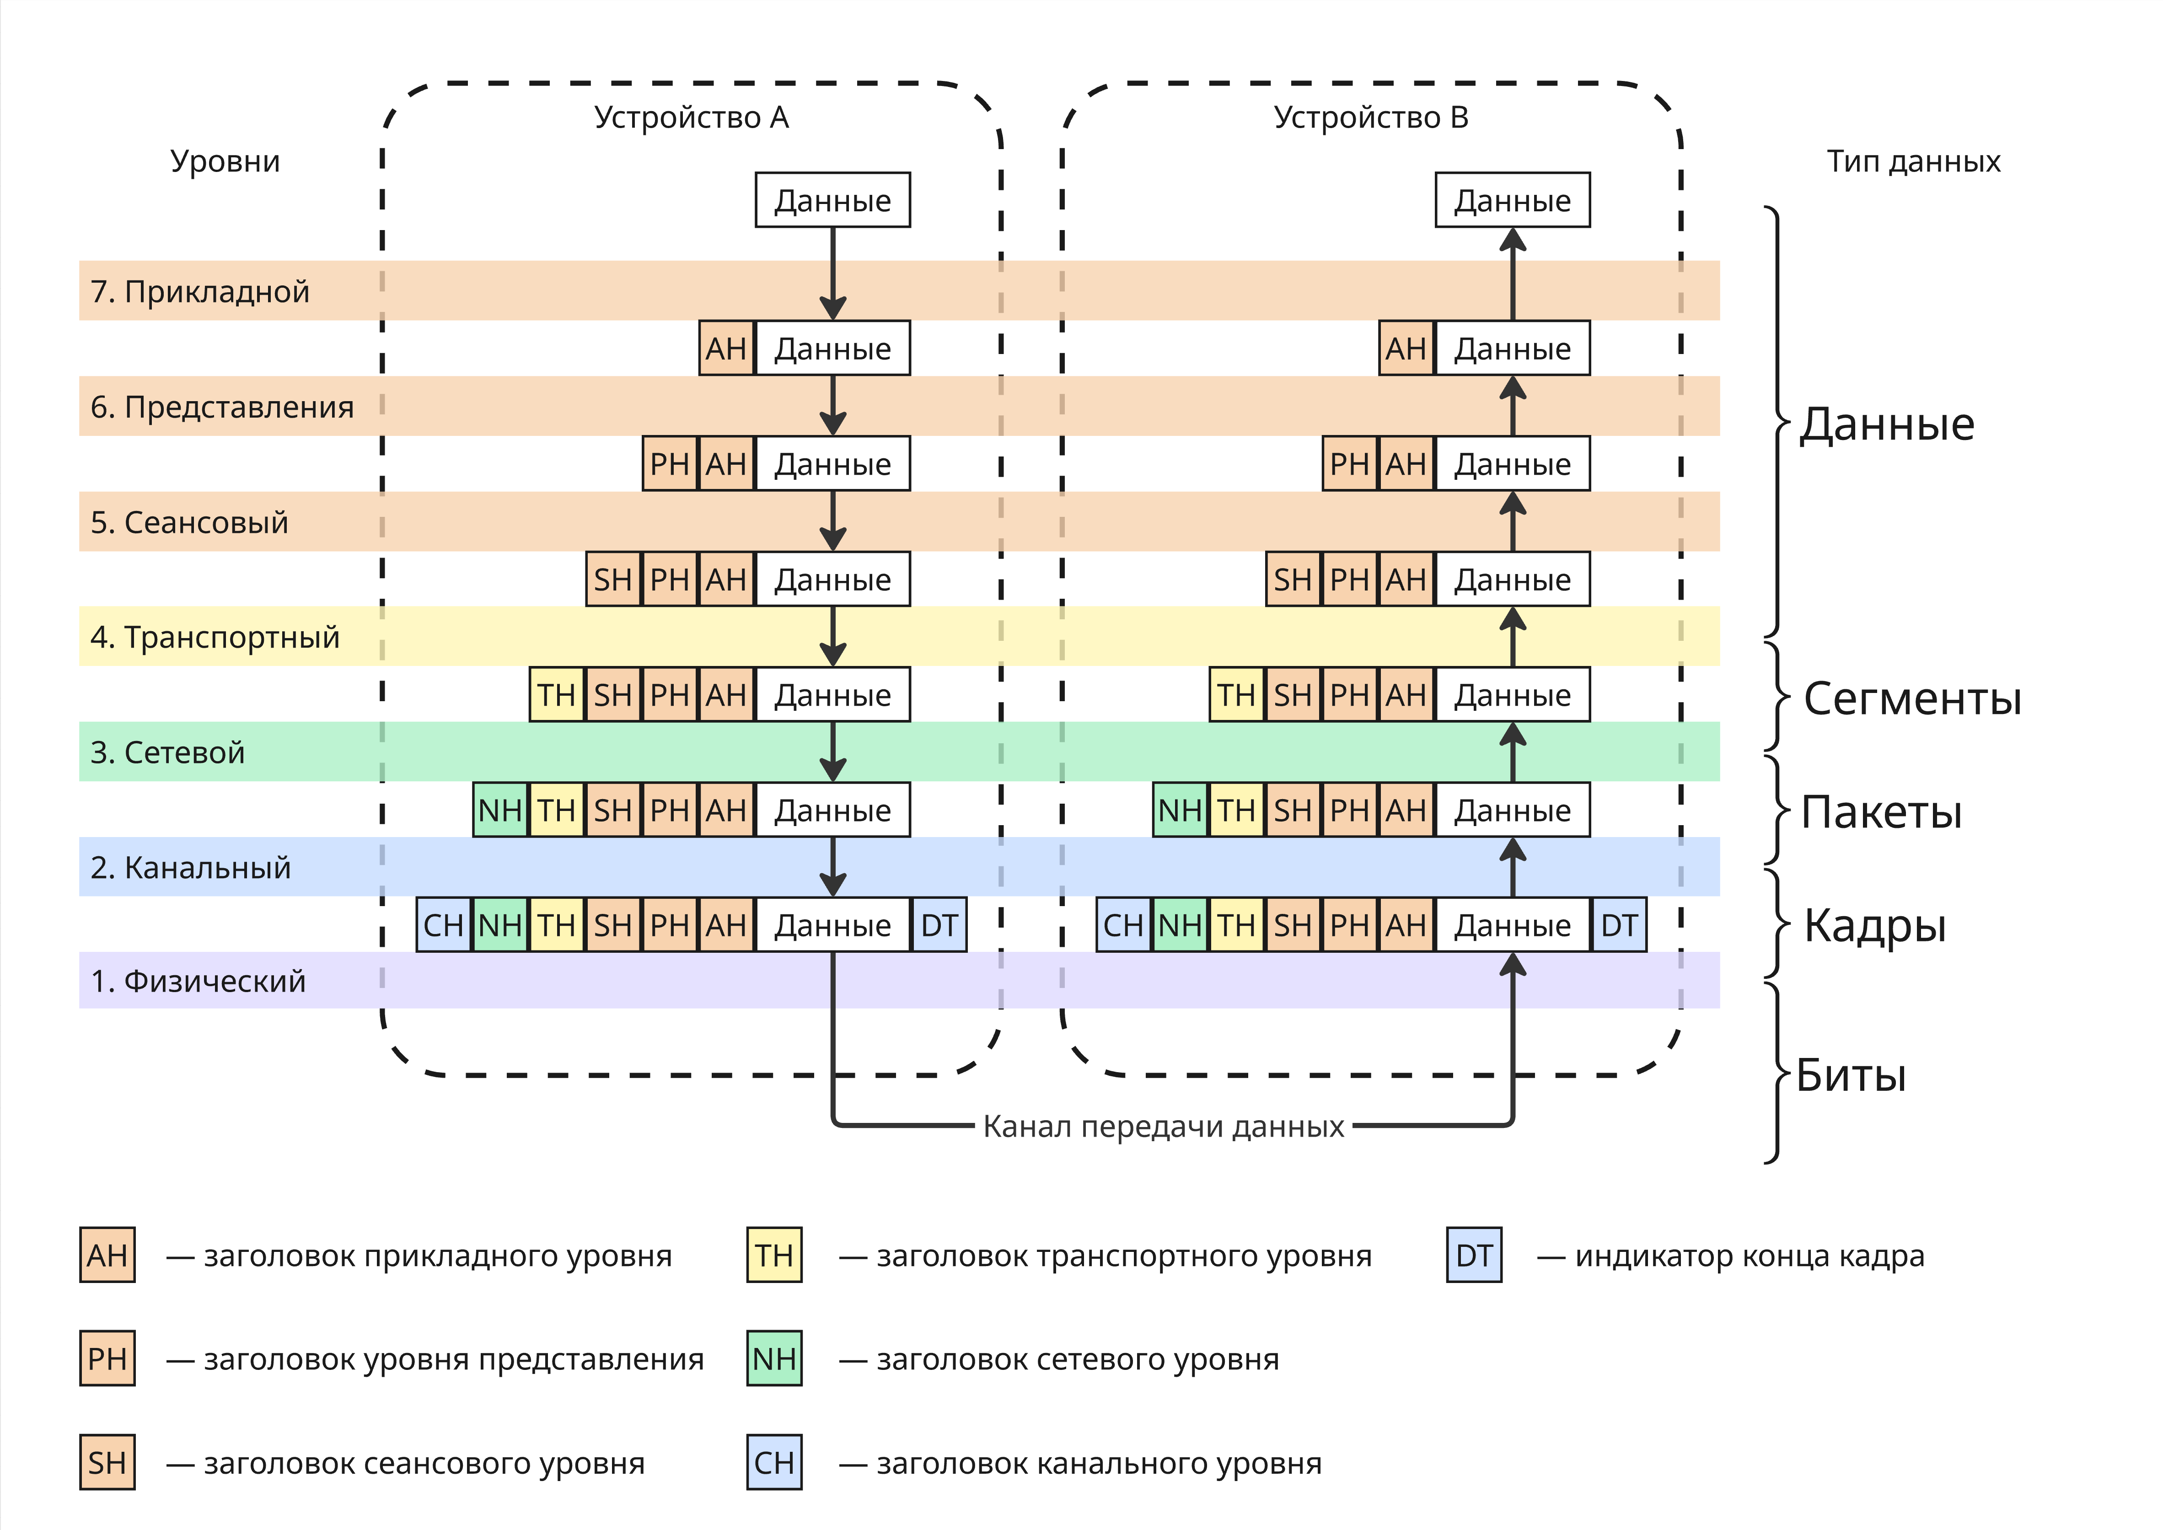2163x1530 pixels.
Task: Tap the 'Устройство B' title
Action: [1371, 118]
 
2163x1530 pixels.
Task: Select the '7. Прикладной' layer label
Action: [200, 292]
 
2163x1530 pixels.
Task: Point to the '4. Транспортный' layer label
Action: [215, 638]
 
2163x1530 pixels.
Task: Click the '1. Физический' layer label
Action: [198, 982]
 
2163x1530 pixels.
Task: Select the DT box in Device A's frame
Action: [939, 925]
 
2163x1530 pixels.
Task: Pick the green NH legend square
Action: [774, 1358]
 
